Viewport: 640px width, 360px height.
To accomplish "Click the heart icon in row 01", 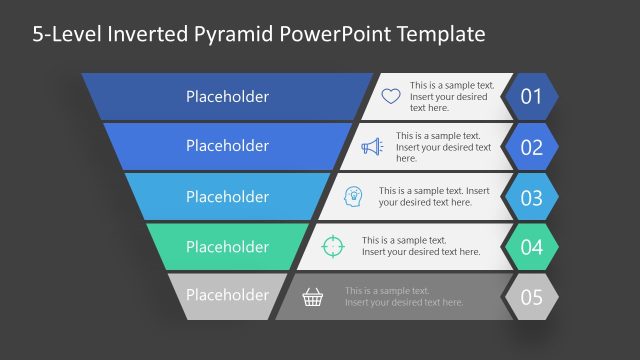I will point(391,97).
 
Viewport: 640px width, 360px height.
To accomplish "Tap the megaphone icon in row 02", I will point(372,147).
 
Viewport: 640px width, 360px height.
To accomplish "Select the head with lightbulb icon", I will point(353,196).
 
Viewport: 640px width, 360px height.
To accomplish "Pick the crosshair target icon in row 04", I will point(333,246).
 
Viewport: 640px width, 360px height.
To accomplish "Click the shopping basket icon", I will point(313,296).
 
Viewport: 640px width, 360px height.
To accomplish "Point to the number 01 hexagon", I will point(531,97).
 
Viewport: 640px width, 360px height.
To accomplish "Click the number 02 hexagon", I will point(531,147).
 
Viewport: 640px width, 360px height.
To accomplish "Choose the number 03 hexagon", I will point(531,197).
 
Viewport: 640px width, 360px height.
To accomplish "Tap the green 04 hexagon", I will point(531,247).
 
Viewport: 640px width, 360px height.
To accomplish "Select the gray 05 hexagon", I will point(531,297).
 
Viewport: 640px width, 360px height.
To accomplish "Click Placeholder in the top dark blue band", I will point(227,97).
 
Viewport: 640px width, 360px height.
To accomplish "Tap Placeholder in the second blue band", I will point(227,146).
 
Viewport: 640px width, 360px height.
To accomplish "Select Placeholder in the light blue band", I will point(227,196).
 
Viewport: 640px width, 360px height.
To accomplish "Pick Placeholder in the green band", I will point(227,246).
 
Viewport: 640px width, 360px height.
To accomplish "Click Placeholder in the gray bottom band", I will point(227,295).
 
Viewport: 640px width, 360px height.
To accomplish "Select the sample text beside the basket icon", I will point(404,296).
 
